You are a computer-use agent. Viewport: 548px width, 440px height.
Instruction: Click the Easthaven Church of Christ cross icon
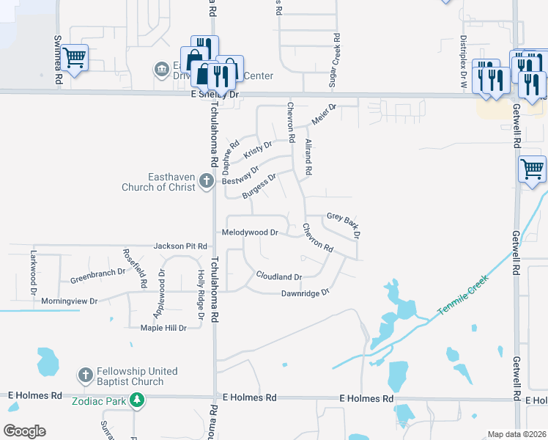coord(207,180)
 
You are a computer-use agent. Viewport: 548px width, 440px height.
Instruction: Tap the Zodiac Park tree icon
coord(136,400)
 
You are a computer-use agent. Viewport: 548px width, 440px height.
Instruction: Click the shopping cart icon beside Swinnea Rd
coord(74,56)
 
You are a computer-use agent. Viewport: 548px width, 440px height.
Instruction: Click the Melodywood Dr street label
coord(250,232)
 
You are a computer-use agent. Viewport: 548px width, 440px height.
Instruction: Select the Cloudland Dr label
coord(278,276)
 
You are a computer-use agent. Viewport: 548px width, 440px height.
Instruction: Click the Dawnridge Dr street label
coord(306,293)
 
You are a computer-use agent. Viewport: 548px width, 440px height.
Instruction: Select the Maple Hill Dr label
coord(163,328)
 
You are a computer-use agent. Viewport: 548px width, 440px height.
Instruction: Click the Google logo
coord(24,431)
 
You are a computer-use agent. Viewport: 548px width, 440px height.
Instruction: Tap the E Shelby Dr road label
coord(215,95)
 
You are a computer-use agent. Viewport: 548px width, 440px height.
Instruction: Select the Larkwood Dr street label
coord(33,271)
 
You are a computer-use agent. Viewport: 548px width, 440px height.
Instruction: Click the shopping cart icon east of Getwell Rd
coord(532,169)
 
